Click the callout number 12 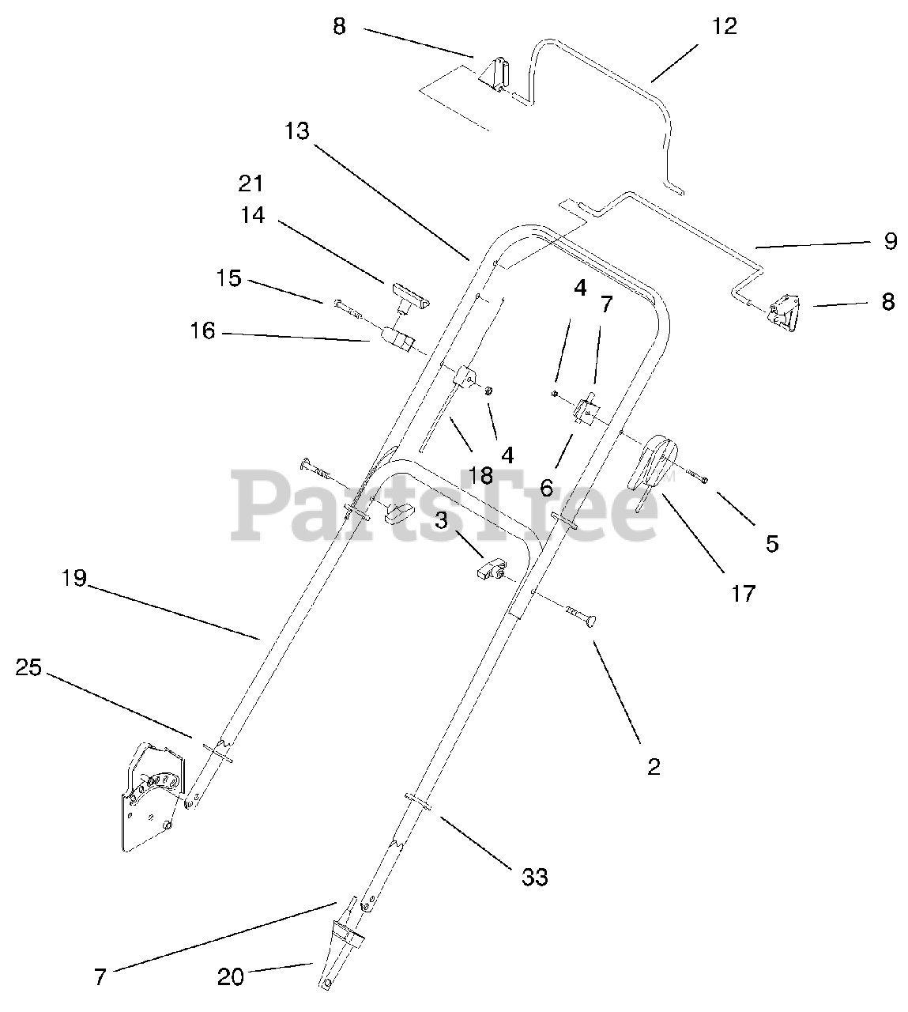[724, 27]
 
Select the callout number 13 [297, 131]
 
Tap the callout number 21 [251, 183]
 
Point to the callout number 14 [253, 215]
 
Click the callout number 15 [229, 279]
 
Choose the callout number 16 [202, 331]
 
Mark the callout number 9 [891, 241]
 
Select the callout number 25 [28, 668]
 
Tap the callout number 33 [535, 877]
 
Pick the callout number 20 [231, 977]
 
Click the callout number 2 [654, 766]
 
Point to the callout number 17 [743, 593]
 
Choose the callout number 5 [772, 543]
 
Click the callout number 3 [440, 521]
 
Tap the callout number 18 [480, 475]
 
